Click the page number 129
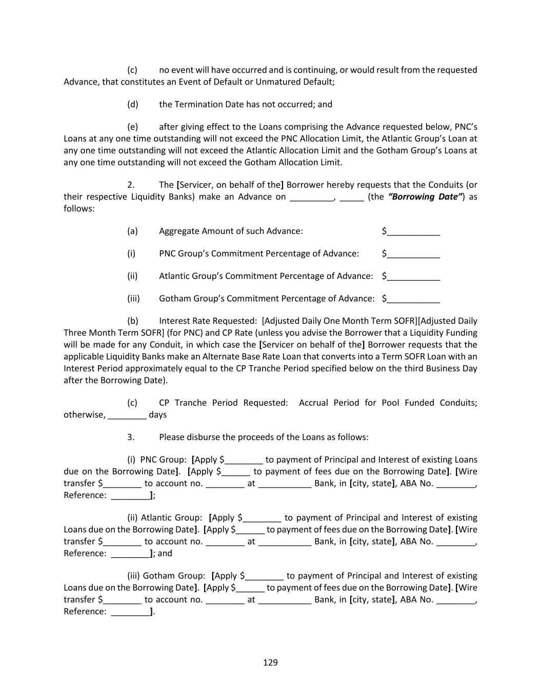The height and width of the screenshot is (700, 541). (270, 663)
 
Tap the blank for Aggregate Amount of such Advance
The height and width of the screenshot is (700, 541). (413, 232)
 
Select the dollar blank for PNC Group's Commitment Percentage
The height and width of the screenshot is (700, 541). (413, 254)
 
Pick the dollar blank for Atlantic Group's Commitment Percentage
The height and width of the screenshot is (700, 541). (413, 277)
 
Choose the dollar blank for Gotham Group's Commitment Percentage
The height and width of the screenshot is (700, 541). (413, 299)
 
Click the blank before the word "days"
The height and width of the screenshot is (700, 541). (127, 415)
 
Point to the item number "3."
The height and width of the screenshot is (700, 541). (131, 437)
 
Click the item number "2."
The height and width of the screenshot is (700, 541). (131, 185)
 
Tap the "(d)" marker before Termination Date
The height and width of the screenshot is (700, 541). (133, 105)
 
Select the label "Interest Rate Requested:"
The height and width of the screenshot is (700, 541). (208, 321)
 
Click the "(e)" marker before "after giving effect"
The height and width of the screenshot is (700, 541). (133, 127)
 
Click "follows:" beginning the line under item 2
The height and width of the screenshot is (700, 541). (79, 209)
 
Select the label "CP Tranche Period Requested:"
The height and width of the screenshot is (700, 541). (224, 403)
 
